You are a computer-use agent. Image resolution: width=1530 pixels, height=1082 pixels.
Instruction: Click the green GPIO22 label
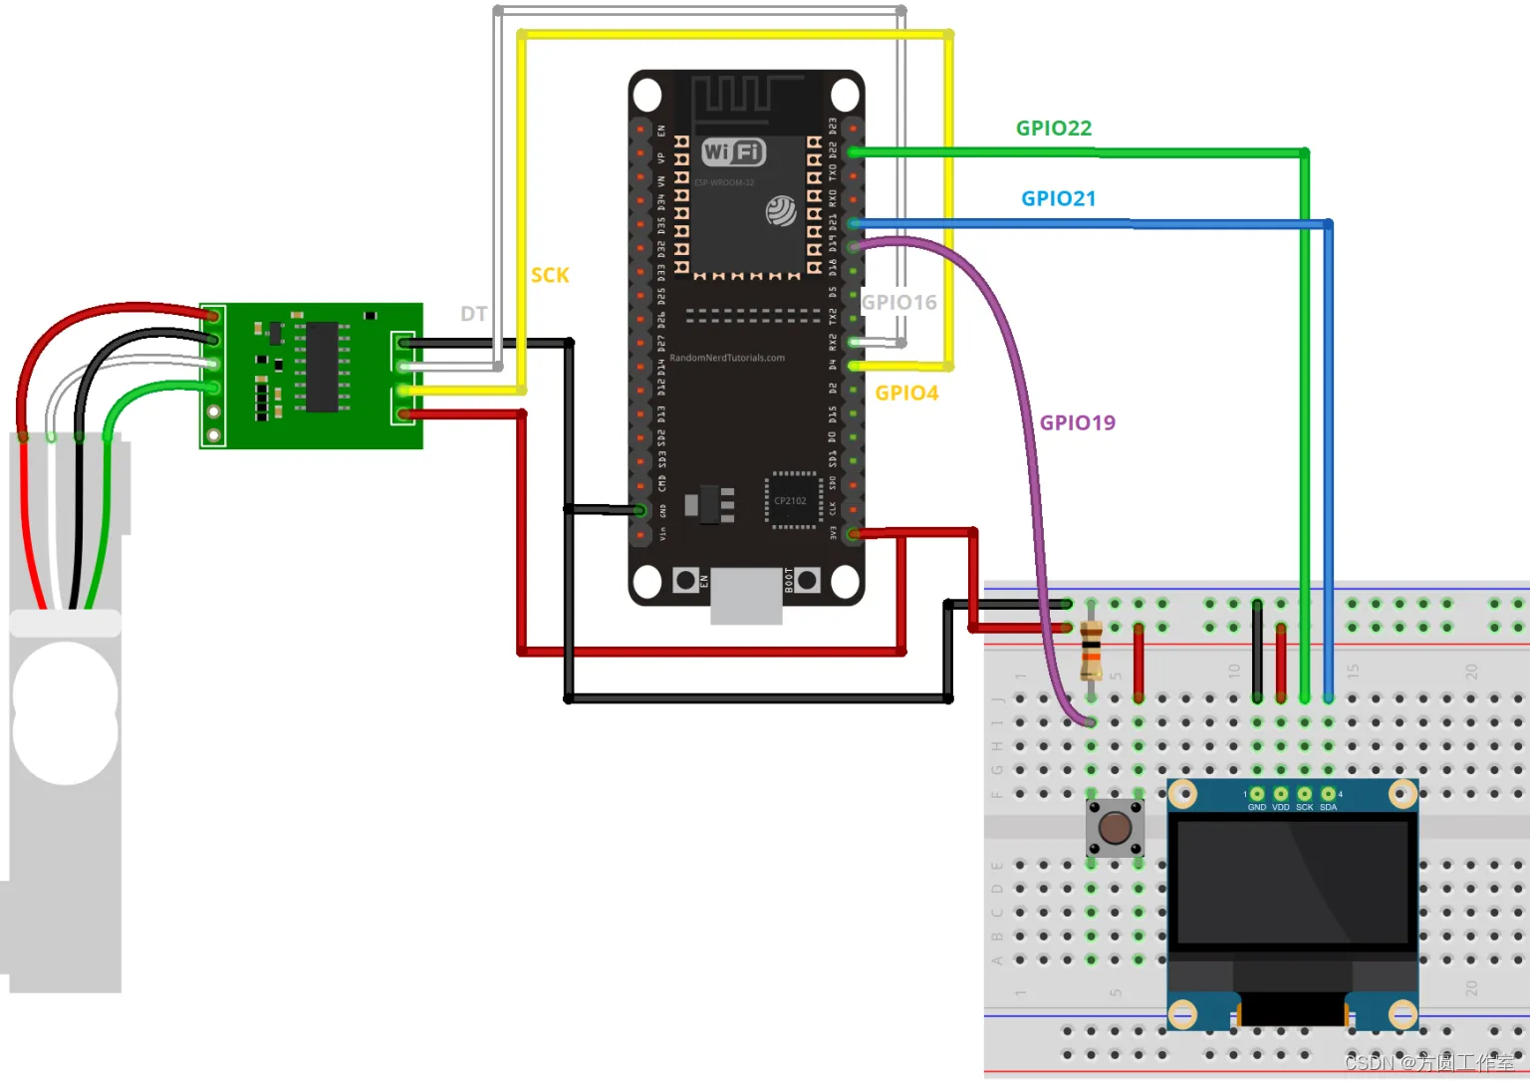(1054, 129)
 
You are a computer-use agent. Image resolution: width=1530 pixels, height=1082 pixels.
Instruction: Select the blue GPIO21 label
(1058, 198)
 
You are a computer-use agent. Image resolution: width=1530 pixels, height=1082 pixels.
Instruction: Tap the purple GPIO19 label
(1077, 422)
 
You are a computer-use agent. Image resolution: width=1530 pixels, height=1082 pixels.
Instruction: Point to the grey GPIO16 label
(898, 302)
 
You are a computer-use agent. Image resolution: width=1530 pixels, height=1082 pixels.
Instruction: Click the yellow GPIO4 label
(906, 393)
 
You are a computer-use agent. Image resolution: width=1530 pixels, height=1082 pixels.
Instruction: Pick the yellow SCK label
(550, 275)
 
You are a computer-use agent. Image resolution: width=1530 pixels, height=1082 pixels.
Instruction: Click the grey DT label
(473, 314)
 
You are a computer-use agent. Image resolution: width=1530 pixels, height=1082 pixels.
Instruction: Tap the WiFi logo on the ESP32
(733, 151)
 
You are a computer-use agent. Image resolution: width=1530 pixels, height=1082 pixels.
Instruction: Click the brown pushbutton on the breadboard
(1115, 827)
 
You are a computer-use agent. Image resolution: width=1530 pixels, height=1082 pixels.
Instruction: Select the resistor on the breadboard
(1092, 650)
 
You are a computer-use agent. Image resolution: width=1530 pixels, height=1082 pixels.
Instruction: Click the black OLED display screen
(1292, 882)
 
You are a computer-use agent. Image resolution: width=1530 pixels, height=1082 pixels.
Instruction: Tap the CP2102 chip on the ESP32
(791, 500)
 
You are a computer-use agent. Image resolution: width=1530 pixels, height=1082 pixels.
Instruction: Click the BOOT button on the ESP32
(807, 580)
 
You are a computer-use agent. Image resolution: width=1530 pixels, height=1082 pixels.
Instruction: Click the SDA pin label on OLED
(1328, 807)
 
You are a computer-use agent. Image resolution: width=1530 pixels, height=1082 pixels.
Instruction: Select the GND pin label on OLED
(1257, 807)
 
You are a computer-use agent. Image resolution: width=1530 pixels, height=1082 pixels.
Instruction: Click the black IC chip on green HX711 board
(322, 366)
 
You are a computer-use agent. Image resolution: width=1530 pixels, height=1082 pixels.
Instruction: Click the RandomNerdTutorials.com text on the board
(727, 358)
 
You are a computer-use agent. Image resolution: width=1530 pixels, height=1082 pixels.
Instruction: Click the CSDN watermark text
(1428, 1062)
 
